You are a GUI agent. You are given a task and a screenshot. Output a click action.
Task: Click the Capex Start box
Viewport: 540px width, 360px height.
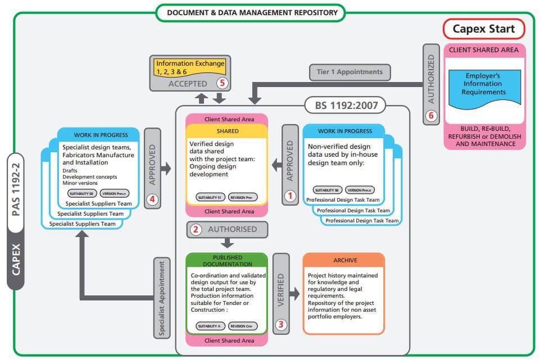point(484,29)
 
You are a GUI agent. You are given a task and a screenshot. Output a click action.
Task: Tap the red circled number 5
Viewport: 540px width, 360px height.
point(223,84)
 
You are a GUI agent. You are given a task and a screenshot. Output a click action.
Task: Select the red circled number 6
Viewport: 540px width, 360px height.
point(431,116)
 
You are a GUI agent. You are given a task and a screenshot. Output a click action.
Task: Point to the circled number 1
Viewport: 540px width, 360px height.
point(290,196)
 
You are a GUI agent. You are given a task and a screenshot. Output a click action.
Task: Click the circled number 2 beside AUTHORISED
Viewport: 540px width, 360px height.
point(196,229)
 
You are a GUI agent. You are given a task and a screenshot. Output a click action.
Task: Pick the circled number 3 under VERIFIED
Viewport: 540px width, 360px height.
point(281,324)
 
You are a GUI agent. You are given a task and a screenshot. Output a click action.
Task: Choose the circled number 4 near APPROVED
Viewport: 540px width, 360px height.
point(152,199)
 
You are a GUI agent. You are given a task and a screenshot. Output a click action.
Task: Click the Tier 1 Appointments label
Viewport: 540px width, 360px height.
point(350,72)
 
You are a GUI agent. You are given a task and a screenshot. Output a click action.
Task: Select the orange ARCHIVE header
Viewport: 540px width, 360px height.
point(344,261)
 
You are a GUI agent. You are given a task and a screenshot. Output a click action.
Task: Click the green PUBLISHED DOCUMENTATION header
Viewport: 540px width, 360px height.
point(228,261)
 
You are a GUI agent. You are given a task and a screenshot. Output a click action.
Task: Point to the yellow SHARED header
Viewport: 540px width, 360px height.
point(227,131)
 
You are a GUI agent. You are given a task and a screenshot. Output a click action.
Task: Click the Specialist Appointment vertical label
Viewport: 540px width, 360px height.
point(162,298)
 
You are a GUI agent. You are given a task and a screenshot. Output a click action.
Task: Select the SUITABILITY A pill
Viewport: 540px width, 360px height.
point(211,326)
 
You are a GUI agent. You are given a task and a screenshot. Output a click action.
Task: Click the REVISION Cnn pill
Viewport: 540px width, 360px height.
point(243,326)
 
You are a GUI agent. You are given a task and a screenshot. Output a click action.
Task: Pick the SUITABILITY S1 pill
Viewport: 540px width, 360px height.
point(211,197)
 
